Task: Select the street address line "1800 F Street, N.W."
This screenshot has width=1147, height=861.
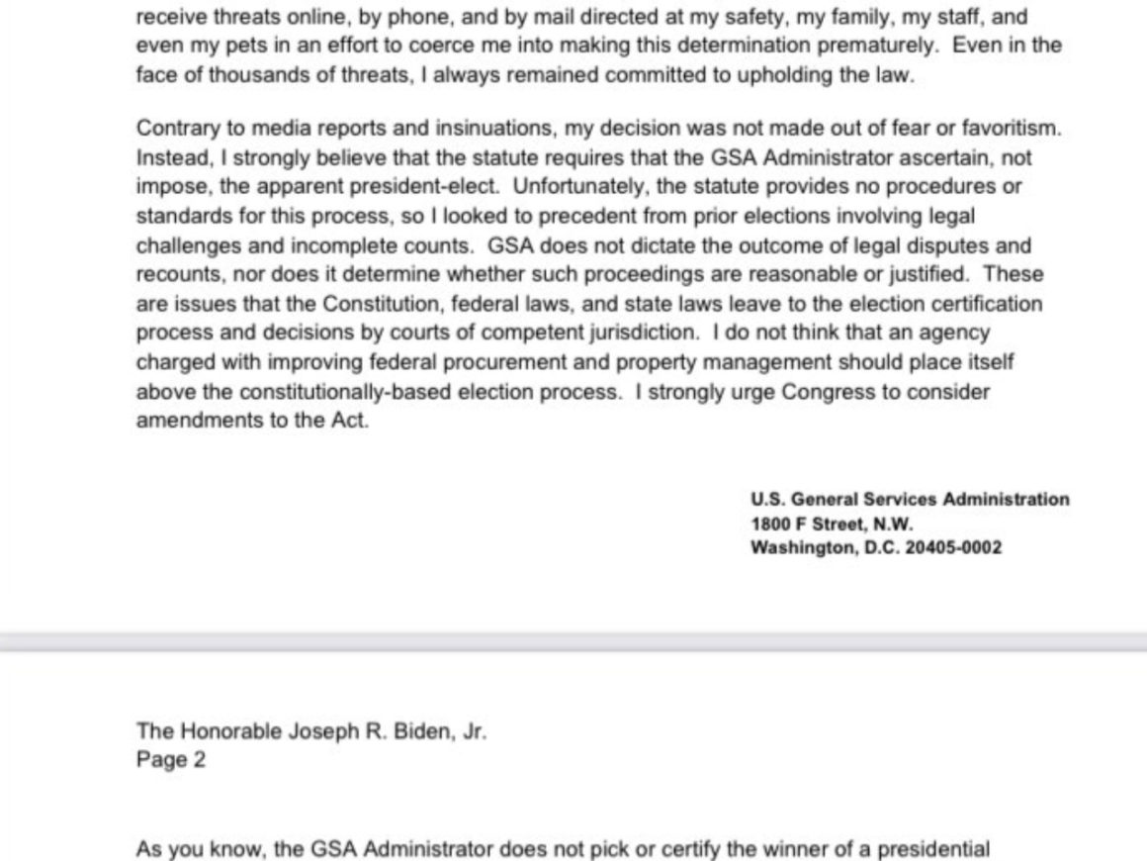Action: (832, 524)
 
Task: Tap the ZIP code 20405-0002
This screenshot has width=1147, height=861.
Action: (953, 547)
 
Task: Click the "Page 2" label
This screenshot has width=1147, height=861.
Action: (171, 761)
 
